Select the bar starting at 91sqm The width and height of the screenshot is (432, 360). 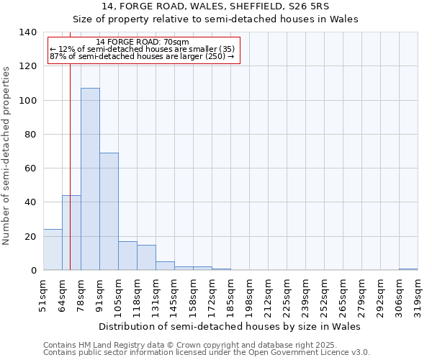tap(109, 212)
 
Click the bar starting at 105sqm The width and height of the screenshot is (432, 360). tap(127, 256)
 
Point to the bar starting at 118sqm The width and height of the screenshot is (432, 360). tap(146, 258)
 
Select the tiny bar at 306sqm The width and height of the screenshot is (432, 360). tap(408, 269)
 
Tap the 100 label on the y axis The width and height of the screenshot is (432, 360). tap(27, 100)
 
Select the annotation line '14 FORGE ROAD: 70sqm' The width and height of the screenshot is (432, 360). tap(142, 42)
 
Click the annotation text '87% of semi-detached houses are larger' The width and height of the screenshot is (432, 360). tap(142, 56)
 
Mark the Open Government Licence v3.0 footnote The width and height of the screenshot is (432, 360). tap(207, 353)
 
